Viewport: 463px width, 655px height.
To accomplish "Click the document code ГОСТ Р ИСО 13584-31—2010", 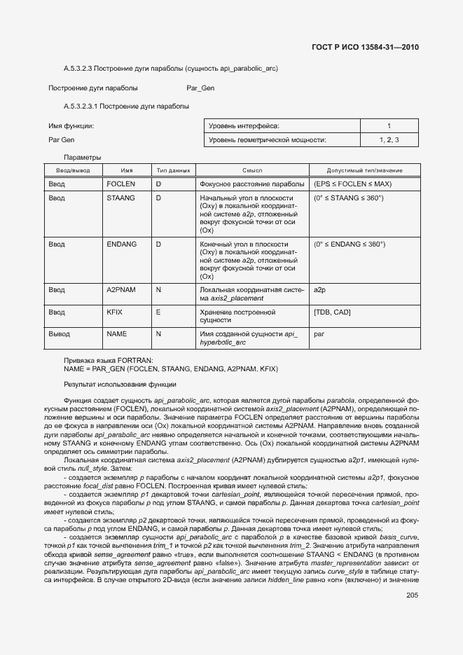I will click(x=365, y=48).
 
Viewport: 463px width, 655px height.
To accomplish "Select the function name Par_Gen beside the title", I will click(x=200, y=88).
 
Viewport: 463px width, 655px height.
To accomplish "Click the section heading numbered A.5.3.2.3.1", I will click(x=126, y=106).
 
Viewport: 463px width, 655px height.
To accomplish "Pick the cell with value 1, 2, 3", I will click(x=389, y=141).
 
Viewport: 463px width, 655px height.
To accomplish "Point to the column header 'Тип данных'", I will click(x=173, y=171).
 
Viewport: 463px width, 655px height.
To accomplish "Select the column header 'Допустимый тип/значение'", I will click(x=364, y=171).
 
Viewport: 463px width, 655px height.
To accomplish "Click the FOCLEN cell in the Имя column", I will click(x=120, y=184).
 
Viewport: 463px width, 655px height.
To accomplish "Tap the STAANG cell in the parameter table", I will click(x=120, y=199).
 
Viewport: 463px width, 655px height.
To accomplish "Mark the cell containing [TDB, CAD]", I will click(x=332, y=312).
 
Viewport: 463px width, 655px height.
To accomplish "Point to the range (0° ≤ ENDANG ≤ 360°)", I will click(x=350, y=244).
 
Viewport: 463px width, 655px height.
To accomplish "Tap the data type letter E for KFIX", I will click(x=158, y=312).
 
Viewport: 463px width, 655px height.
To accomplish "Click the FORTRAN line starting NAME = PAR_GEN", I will click(x=171, y=367).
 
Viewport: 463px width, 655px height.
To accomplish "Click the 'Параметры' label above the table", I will click(x=82, y=157).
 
